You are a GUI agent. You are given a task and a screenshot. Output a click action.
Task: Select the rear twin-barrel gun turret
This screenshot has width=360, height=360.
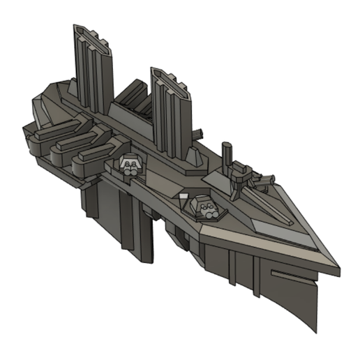pos(130,165)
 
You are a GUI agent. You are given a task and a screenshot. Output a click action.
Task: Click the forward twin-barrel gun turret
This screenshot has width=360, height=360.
pos(204,207)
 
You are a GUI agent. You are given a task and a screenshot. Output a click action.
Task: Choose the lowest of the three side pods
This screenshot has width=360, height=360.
pos(91,159)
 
